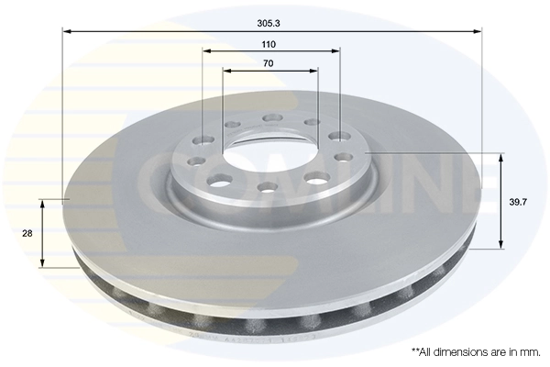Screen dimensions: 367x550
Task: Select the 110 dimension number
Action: (269, 44)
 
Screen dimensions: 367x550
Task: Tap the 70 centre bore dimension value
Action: (269, 64)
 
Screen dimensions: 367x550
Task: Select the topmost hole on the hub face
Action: (271, 118)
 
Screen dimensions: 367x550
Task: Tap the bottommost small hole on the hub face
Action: (268, 187)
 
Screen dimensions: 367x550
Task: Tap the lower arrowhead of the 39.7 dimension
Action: (500, 245)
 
